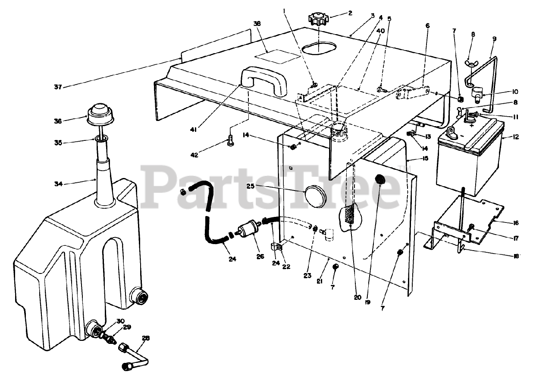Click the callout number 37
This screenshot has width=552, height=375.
(57, 87)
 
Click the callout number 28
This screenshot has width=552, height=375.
(146, 339)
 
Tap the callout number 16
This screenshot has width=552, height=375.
(516, 223)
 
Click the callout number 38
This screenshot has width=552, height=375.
(257, 25)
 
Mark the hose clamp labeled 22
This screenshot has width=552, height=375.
(276, 249)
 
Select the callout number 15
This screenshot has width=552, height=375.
(425, 159)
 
